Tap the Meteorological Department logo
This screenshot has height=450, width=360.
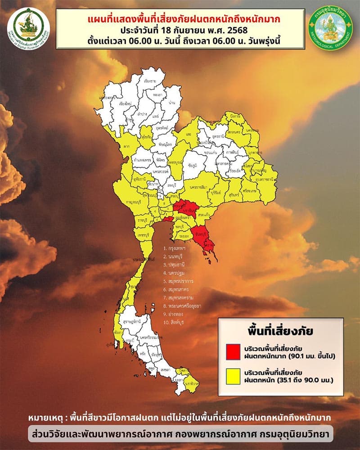point(331,28)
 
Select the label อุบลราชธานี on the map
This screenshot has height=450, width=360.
point(263,179)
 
